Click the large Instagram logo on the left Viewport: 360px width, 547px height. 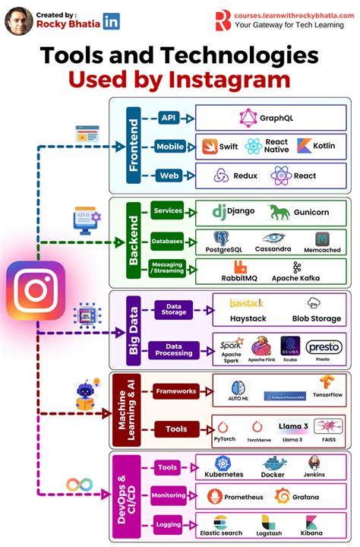click(36, 289)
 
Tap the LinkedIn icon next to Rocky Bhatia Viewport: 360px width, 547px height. click(111, 22)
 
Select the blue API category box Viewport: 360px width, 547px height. click(168, 118)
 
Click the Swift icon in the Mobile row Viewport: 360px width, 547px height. click(207, 145)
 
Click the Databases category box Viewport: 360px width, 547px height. click(167, 241)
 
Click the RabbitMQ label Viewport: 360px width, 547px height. click(240, 277)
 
